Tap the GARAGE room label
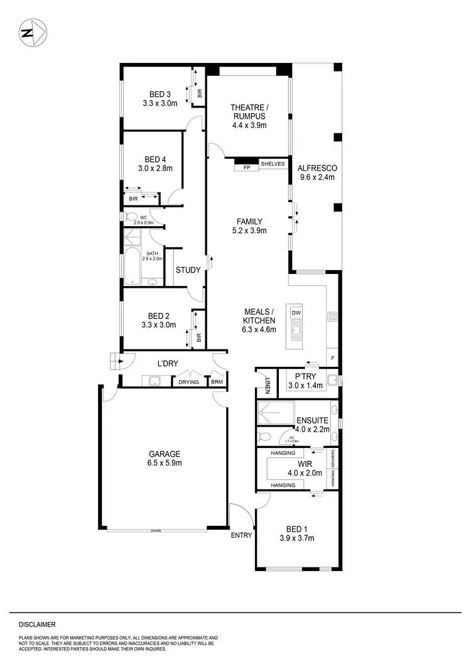click(x=165, y=454)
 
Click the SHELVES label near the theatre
click(x=273, y=163)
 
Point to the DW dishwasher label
click(x=296, y=312)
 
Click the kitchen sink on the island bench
click(x=295, y=329)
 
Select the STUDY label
click(x=188, y=270)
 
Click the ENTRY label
click(x=241, y=535)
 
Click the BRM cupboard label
click(x=217, y=381)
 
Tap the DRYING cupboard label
click(x=188, y=381)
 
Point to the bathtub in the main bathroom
click(x=133, y=268)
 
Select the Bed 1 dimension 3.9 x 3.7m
click(x=296, y=538)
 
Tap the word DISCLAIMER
click(x=37, y=625)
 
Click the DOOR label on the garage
click(x=156, y=531)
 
